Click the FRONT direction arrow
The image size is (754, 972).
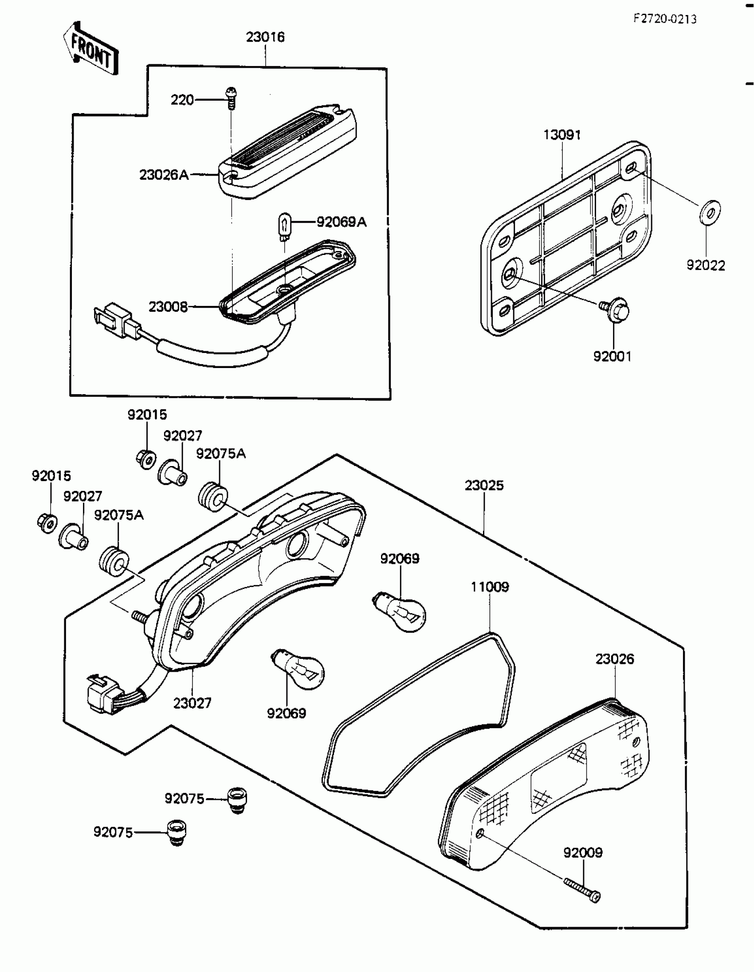pos(91,49)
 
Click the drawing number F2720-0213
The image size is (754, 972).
pos(665,19)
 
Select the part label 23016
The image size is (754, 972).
pos(265,37)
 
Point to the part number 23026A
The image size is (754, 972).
pos(164,175)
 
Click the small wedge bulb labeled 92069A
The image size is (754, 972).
pos(284,227)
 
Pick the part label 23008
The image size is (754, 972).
pos(168,307)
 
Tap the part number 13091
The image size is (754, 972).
pos(562,135)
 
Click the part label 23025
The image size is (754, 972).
pos(484,485)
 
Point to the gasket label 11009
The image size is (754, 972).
pos(490,587)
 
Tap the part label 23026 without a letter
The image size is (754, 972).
pos(615,658)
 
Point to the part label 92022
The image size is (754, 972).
pos(706,266)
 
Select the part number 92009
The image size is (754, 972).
pos(583,853)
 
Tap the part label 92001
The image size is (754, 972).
pos(613,356)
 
